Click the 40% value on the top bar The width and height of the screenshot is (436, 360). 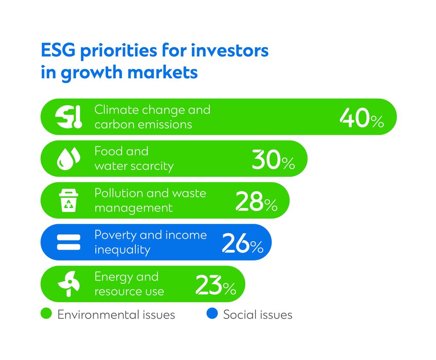pos(361,118)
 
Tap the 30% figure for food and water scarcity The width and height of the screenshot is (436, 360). pos(273,160)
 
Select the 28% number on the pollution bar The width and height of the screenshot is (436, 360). pos(256,202)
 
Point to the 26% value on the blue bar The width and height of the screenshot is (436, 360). pos(242,243)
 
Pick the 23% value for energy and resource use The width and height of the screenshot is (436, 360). pos(215,285)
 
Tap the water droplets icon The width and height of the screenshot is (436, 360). pos(69,160)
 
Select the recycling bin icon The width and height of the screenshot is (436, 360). pos(69,201)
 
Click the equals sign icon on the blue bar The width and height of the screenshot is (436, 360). pos(69,242)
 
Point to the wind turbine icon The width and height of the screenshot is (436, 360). pos(69,284)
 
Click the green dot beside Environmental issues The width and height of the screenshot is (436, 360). pos(46,314)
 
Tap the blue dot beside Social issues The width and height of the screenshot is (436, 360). pos(212,314)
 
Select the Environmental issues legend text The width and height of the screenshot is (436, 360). pos(116,315)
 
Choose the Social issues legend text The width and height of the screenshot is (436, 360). pos(258,315)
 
